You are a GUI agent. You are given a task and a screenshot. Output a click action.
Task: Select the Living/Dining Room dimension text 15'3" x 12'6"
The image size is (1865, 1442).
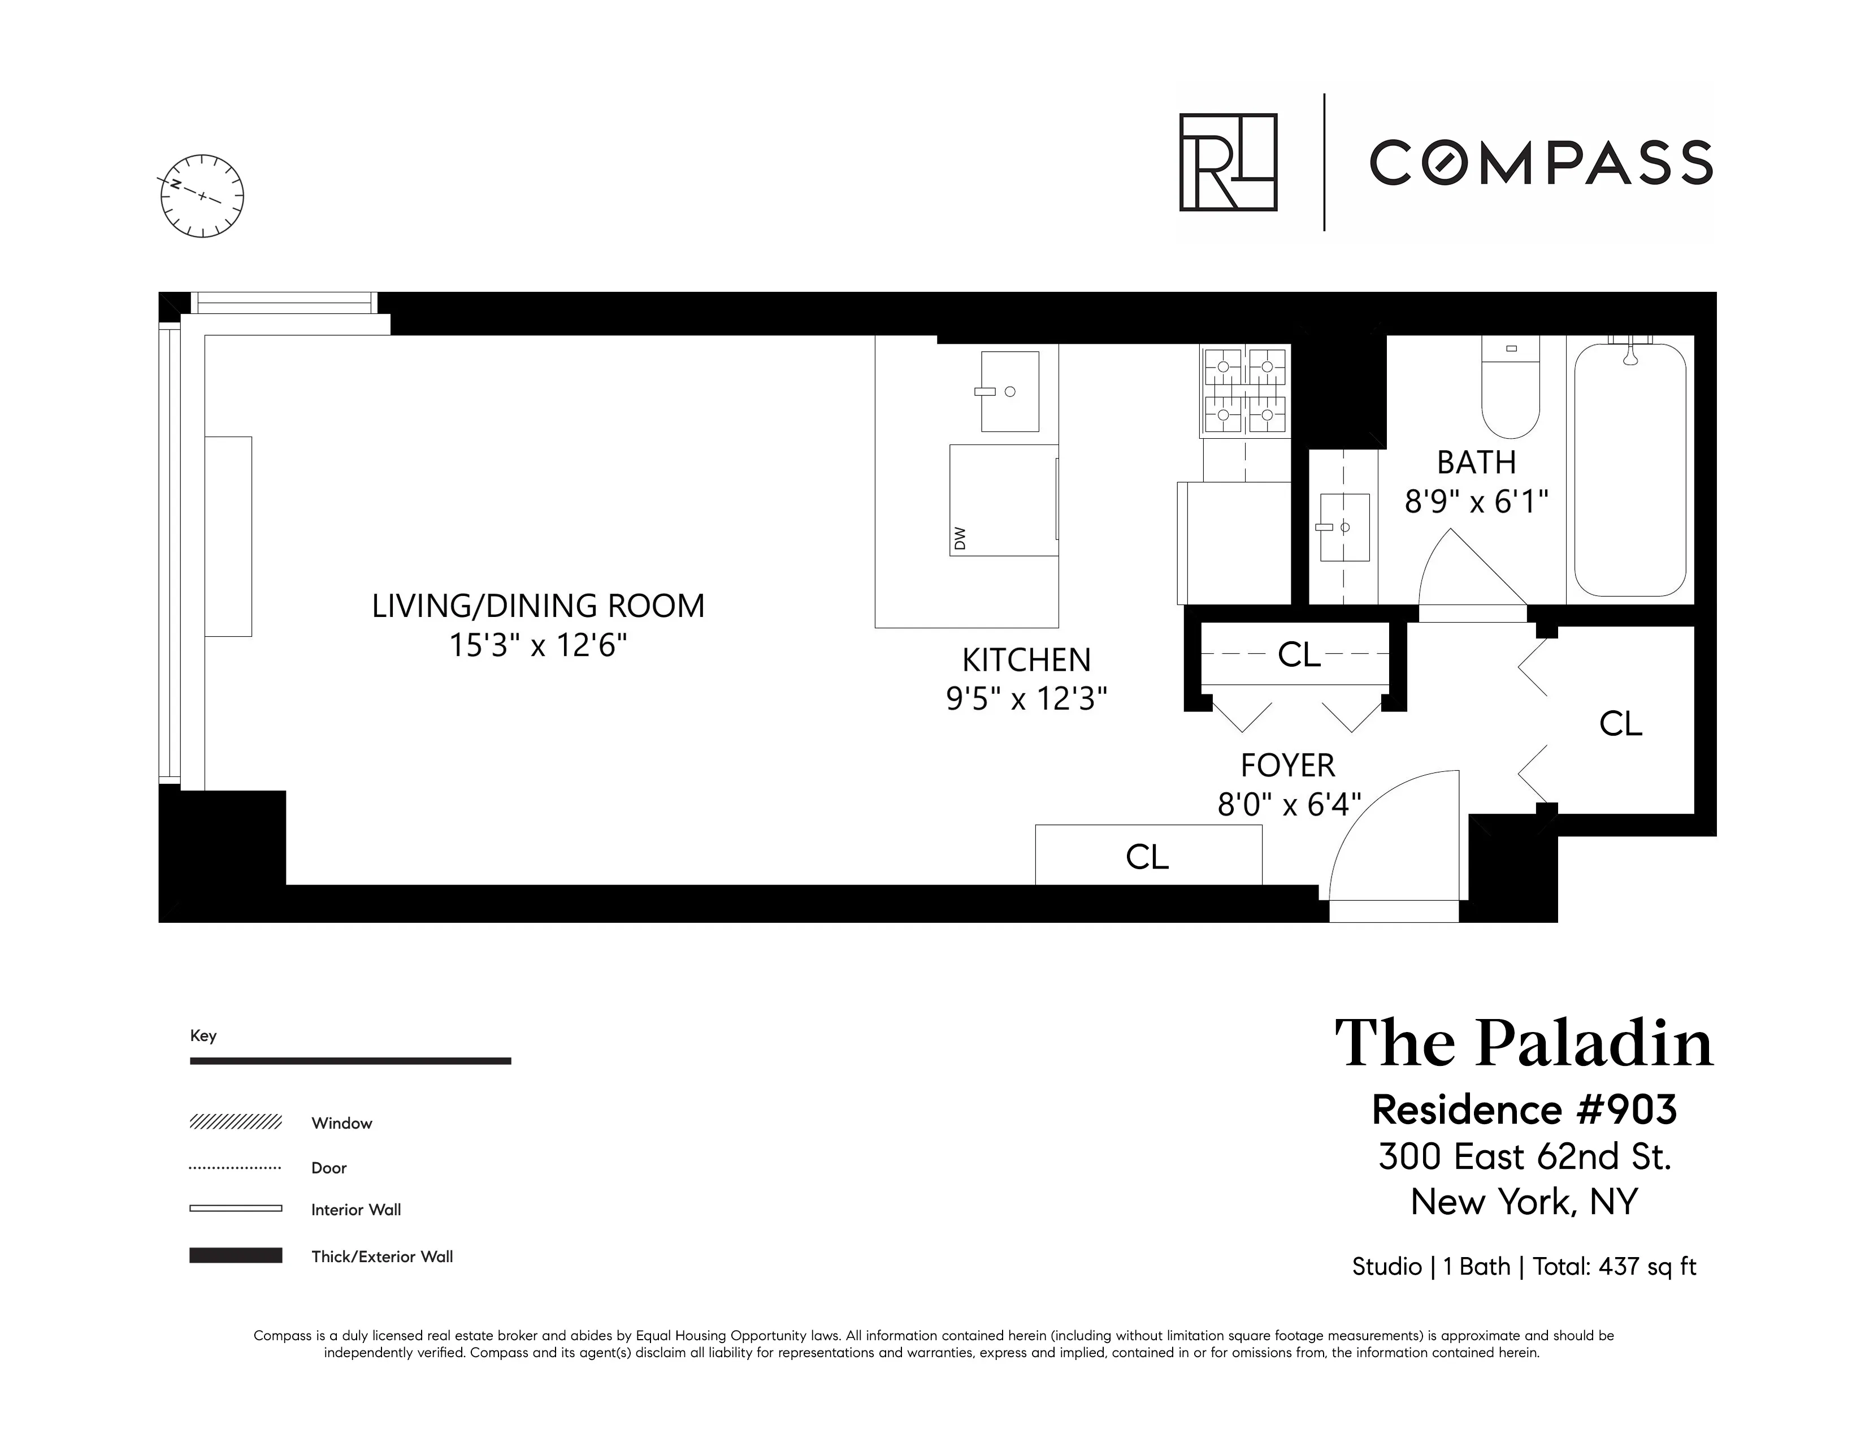click(538, 645)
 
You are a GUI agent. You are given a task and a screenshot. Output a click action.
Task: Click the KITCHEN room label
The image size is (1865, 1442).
click(1026, 660)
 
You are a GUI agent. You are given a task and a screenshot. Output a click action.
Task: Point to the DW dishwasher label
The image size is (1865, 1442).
click(960, 538)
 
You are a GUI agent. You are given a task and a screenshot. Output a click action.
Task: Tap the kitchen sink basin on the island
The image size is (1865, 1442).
click(1009, 391)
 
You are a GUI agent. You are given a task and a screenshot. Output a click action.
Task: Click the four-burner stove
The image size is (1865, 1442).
click(1245, 390)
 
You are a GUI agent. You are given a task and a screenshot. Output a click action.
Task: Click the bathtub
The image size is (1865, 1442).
click(1629, 470)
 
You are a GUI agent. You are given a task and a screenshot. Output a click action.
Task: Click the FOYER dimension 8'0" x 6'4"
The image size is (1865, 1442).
click(1288, 804)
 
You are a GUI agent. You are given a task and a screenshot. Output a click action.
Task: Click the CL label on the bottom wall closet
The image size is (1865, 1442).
click(1146, 857)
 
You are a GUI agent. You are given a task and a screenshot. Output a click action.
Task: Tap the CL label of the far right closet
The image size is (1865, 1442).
click(1620, 724)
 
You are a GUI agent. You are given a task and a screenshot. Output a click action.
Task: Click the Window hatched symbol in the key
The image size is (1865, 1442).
click(235, 1122)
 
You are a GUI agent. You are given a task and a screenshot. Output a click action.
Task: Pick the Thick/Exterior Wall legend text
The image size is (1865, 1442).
click(381, 1257)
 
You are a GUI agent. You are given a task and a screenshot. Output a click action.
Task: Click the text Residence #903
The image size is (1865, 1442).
click(1524, 1109)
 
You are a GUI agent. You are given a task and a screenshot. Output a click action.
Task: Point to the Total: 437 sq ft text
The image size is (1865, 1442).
click(1613, 1266)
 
